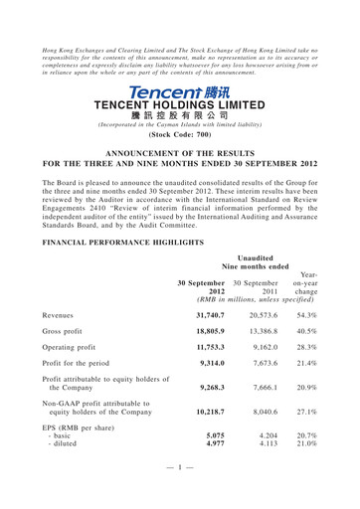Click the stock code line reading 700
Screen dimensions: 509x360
coord(180,132)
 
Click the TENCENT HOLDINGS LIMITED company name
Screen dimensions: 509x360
coord(180,103)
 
